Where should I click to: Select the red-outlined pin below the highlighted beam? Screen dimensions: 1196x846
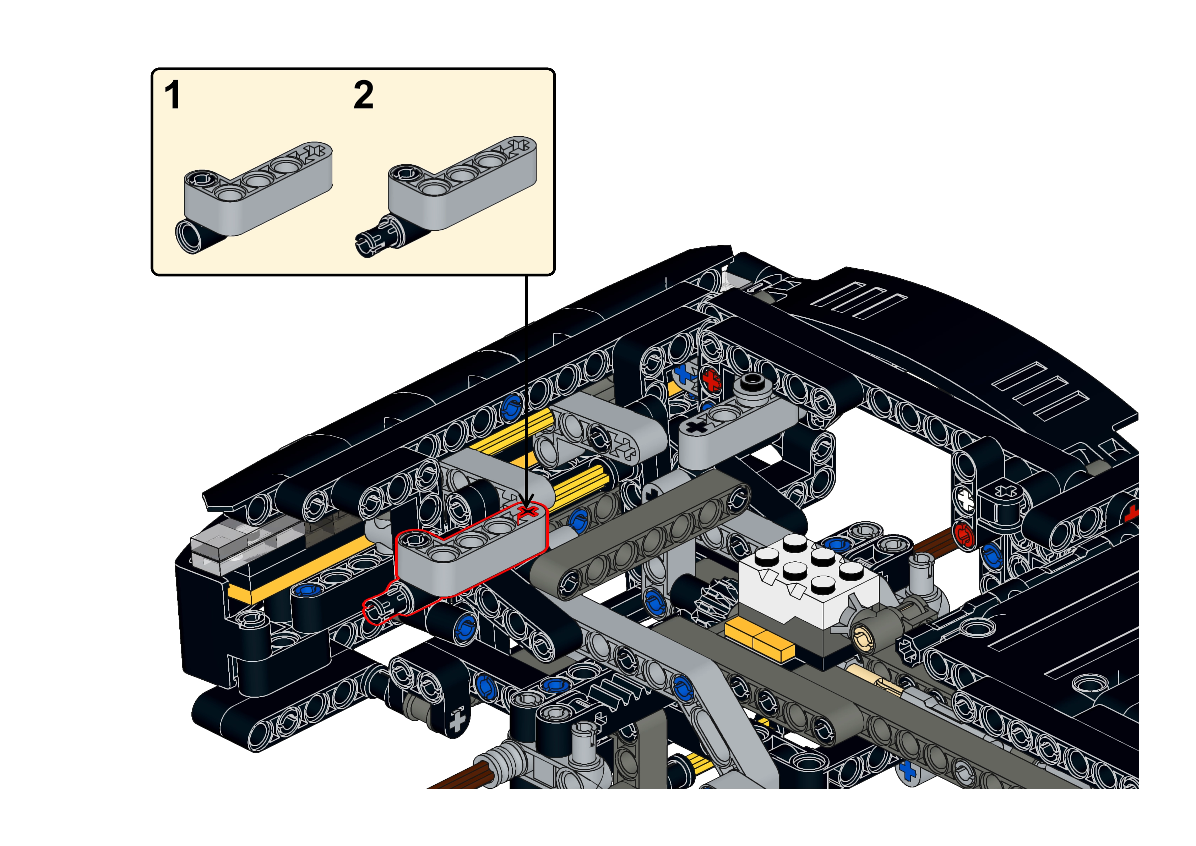click(388, 604)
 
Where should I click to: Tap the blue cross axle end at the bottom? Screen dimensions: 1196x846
click(907, 770)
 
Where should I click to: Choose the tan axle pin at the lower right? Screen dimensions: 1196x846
click(875, 682)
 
